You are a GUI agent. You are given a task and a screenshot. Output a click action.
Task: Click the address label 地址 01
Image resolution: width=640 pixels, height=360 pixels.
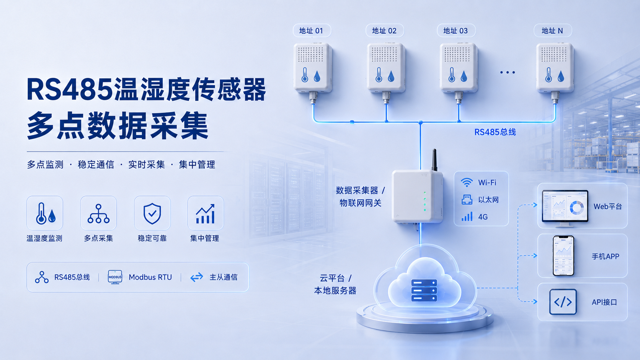[x=312, y=31]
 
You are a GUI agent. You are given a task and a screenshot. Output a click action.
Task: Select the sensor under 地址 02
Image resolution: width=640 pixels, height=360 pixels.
[x=386, y=72]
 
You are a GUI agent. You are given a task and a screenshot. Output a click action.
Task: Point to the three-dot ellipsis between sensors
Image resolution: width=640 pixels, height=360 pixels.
[x=508, y=73]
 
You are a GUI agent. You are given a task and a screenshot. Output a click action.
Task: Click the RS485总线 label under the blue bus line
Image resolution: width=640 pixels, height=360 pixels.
[x=495, y=132]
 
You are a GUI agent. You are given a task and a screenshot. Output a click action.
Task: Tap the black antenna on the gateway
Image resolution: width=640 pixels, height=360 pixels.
[x=434, y=160]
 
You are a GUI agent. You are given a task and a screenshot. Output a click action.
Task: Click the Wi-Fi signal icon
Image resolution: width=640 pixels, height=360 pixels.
[x=467, y=182]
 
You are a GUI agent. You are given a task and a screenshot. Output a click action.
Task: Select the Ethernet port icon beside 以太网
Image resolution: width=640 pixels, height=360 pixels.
[x=467, y=200]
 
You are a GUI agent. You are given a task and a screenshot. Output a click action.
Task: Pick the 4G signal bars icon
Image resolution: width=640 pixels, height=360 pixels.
[x=467, y=217]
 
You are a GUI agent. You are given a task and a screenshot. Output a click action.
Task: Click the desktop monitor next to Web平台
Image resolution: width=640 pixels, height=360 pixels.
[x=565, y=208]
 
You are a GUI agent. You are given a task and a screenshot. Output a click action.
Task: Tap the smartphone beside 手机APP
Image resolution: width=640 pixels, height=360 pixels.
[x=563, y=256]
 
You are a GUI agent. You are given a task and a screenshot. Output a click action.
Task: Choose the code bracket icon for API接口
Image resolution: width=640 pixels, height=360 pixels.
[x=563, y=302]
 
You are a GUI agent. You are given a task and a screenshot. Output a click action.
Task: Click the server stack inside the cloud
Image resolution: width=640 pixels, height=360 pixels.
[x=424, y=290]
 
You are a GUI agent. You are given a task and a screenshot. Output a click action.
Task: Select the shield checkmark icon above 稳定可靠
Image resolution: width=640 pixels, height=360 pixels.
[x=152, y=213]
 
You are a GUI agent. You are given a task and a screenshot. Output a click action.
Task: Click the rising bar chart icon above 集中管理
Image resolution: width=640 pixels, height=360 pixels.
[x=205, y=213]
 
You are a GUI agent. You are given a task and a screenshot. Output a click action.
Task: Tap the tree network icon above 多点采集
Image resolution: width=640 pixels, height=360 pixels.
[x=99, y=213]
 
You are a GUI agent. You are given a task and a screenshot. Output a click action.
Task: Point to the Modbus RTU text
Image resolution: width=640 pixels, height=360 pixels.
[x=150, y=277]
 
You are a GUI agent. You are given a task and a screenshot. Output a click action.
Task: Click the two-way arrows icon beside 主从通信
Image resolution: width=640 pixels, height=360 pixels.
[x=197, y=277]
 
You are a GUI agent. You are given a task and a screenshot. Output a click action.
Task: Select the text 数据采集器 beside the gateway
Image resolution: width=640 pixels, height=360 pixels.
[x=357, y=191]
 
